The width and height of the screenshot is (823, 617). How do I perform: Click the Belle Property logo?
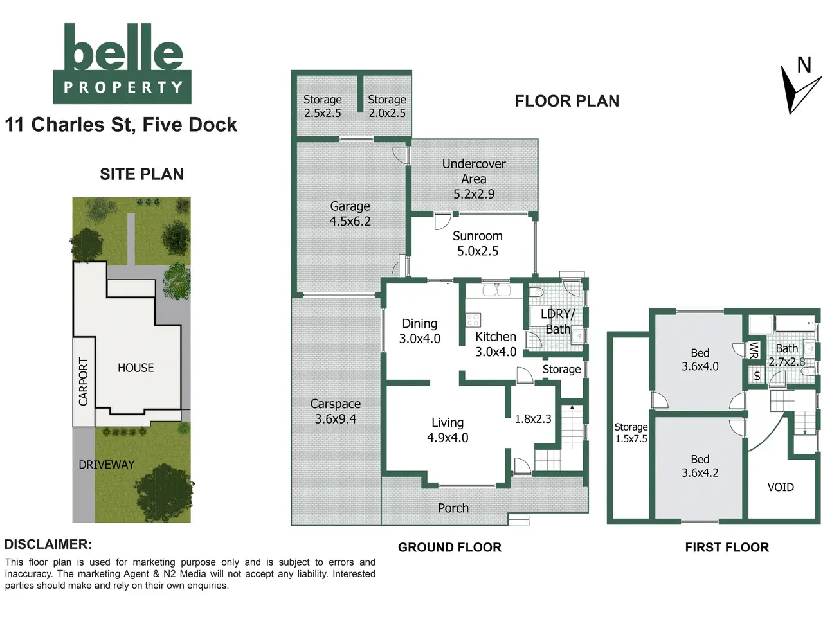click(x=122, y=64)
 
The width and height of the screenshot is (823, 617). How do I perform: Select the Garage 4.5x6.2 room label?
click(x=350, y=213)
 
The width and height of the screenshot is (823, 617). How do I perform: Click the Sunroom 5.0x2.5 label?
click(x=477, y=244)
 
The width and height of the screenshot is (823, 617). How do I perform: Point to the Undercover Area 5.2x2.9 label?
click(x=474, y=179)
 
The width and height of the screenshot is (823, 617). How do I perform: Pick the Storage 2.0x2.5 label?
click(x=387, y=107)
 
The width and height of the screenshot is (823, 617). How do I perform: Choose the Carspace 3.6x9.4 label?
click(x=335, y=411)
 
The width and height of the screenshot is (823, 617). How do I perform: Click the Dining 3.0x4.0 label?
click(x=420, y=331)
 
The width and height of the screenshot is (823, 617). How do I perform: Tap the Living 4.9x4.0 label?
click(x=448, y=430)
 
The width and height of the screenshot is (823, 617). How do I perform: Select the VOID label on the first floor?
click(x=781, y=487)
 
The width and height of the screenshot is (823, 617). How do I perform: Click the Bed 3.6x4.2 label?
click(x=700, y=466)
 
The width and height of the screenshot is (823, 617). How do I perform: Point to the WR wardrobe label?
click(x=754, y=350)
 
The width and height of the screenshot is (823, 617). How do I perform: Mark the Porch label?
click(x=453, y=508)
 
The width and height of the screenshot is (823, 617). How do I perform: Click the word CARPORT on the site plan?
click(x=83, y=381)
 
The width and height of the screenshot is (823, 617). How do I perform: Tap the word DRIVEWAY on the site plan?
click(x=107, y=465)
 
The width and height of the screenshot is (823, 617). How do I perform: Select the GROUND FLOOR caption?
click(x=449, y=548)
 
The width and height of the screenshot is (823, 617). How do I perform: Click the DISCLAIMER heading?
click(x=48, y=544)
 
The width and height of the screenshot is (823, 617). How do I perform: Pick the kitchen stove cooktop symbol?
click(x=473, y=320)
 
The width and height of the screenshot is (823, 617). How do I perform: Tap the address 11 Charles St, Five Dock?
click(x=121, y=125)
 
